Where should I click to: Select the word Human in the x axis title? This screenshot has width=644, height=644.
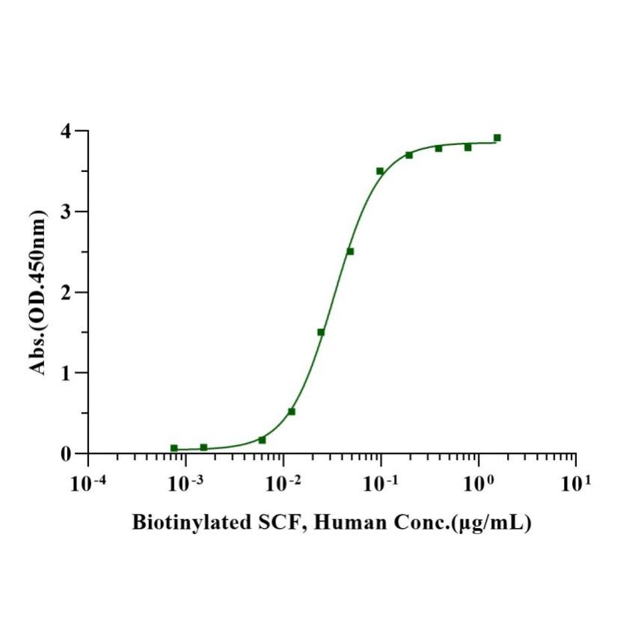pos(344,524)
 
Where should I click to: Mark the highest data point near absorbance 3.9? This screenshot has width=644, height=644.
pos(497,138)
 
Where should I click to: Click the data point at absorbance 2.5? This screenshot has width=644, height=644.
pos(350,251)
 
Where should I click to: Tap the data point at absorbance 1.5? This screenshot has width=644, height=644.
pos(321,332)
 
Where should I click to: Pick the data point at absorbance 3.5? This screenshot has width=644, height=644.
pos(380,171)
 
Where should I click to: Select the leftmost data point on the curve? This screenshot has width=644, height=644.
pos(174,448)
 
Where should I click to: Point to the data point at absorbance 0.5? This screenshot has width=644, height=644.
pos(292,411)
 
